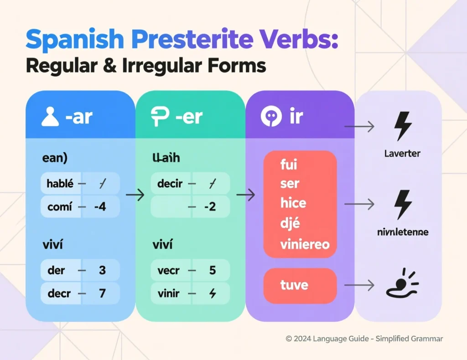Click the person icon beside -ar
[x=50, y=117]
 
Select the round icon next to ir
[x=270, y=117]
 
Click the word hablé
[x=60, y=184]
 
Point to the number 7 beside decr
[x=102, y=293]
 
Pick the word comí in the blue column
[x=59, y=206]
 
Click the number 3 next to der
[x=102, y=270]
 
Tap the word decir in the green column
[x=170, y=184]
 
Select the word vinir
[x=169, y=293]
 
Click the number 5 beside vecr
[x=212, y=270]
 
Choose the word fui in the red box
[x=289, y=164]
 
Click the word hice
[x=293, y=203]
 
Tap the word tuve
[x=294, y=285]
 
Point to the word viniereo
[x=305, y=244]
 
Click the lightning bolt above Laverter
[x=403, y=126]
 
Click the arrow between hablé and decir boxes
[x=135, y=195]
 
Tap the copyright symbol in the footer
[x=289, y=339]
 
